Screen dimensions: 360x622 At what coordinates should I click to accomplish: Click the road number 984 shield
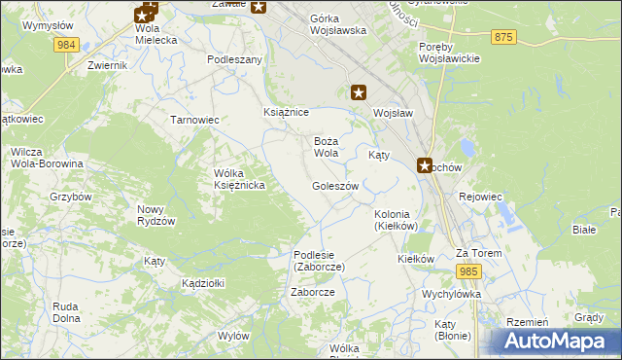click(66, 46)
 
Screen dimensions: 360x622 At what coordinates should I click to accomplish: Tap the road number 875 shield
click(502, 36)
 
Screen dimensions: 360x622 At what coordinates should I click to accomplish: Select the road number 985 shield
click(470, 271)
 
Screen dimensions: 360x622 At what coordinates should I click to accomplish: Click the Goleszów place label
click(335, 186)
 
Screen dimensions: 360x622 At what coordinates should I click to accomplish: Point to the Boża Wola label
click(326, 147)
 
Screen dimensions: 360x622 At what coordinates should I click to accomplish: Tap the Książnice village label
click(287, 113)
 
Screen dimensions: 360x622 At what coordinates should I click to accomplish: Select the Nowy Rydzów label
click(155, 215)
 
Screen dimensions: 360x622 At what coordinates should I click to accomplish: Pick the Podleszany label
click(235, 59)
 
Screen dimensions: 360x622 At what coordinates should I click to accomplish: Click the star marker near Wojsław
click(359, 92)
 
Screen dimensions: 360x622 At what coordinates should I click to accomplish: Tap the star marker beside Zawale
click(259, 7)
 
